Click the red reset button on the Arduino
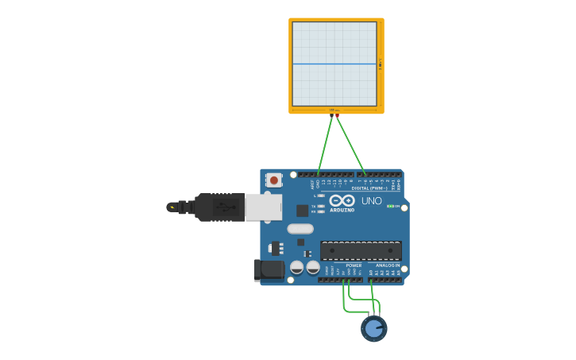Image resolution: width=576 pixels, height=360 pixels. pyautogui.click(x=274, y=180)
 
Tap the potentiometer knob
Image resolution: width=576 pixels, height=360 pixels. pyautogui.click(x=373, y=327)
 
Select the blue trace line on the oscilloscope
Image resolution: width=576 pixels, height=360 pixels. pyautogui.click(x=334, y=64)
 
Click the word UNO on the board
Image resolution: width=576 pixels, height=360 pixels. pyautogui.click(x=372, y=201)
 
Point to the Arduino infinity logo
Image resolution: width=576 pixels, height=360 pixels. pyautogui.click(x=342, y=200)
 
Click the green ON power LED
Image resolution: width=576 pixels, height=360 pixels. pyautogui.click(x=389, y=207)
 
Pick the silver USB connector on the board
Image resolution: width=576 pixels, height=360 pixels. pyautogui.click(x=263, y=207)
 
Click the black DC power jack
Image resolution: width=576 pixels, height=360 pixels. pyautogui.click(x=269, y=270)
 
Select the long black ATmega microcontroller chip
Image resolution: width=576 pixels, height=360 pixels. pyautogui.click(x=360, y=250)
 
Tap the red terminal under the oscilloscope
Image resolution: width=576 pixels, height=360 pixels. pyautogui.click(x=338, y=116)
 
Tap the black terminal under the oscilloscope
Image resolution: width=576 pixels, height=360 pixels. pyautogui.click(x=331, y=116)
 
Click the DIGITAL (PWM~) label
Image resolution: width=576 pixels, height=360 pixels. pyautogui.click(x=369, y=188)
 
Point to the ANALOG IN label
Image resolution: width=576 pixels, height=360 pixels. pyautogui.click(x=388, y=265)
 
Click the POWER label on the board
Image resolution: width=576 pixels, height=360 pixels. pyautogui.click(x=354, y=265)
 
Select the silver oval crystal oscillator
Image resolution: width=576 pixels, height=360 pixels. pyautogui.click(x=300, y=229)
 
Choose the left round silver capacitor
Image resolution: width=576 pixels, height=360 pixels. pyautogui.click(x=296, y=268)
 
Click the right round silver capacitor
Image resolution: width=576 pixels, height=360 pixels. pyautogui.click(x=313, y=268)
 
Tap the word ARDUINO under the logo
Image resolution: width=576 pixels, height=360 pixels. pyautogui.click(x=342, y=210)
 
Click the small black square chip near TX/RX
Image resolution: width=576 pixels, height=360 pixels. pyautogui.click(x=302, y=211)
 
